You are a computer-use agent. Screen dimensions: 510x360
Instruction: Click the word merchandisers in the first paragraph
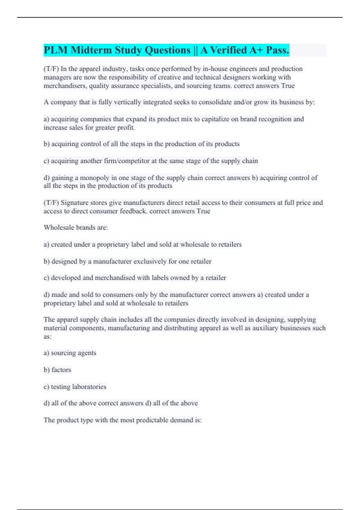[x=63, y=86]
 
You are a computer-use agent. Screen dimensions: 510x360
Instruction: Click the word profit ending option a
[x=127, y=127]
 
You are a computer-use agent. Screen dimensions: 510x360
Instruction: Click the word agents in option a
[x=87, y=353]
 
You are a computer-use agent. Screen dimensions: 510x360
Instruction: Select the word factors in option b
[x=61, y=370]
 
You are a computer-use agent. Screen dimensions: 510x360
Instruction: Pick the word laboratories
[x=89, y=387]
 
